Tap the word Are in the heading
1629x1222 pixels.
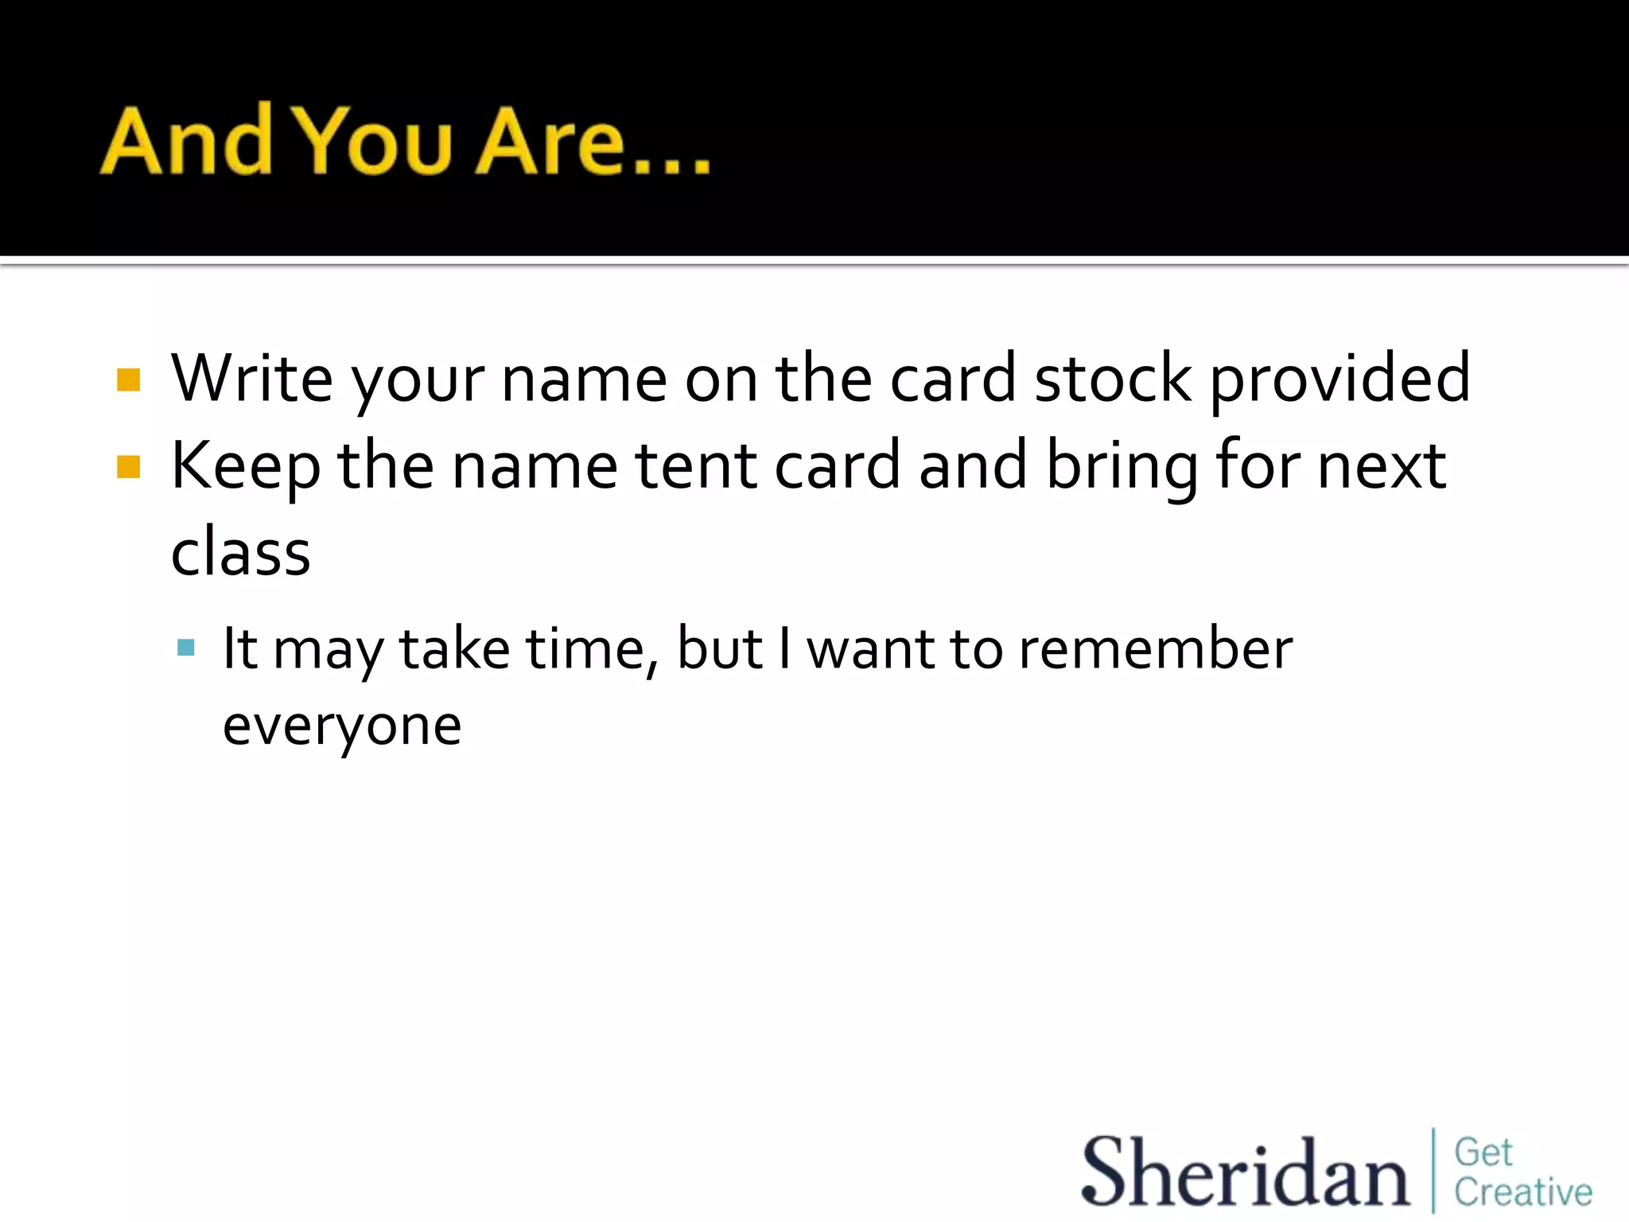click(550, 142)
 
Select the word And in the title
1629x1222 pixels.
click(187, 142)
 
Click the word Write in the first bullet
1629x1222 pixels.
click(252, 379)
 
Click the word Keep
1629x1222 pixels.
click(246, 467)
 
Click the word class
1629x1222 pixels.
click(240, 552)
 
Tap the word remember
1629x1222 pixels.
click(1156, 649)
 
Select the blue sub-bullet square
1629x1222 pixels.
click(186, 647)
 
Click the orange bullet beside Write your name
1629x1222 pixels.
click(128, 380)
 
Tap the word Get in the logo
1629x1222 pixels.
click(1483, 1152)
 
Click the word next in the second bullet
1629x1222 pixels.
click(1382, 465)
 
